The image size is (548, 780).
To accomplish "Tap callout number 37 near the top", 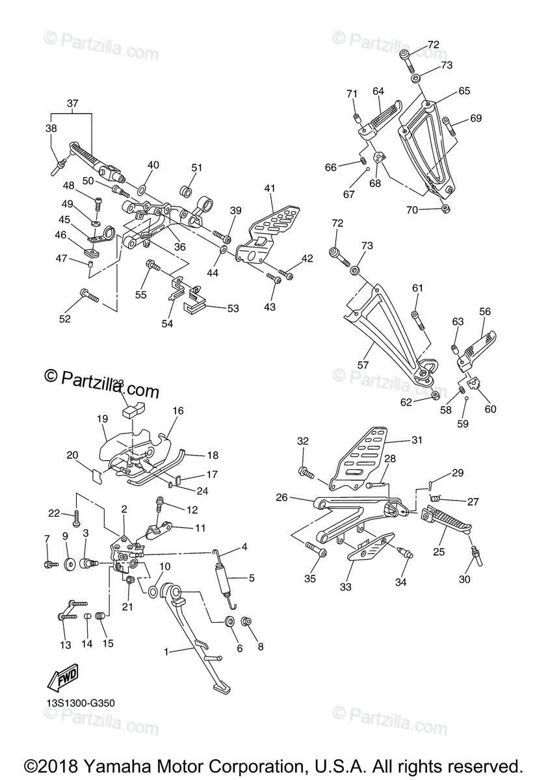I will point(72,103).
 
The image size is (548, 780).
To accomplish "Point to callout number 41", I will point(270,188).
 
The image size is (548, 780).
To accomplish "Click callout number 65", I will point(463,91).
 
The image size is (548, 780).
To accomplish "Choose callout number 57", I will point(363,365).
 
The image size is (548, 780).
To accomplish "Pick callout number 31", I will point(416,440).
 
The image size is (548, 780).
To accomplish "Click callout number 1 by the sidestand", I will point(166,651).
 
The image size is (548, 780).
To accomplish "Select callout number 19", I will point(102,419).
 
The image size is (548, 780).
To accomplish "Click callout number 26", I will point(281,498).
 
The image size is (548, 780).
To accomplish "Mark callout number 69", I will point(476,118).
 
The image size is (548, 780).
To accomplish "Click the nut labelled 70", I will point(445,209).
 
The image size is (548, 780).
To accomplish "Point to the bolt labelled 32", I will point(303,470).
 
